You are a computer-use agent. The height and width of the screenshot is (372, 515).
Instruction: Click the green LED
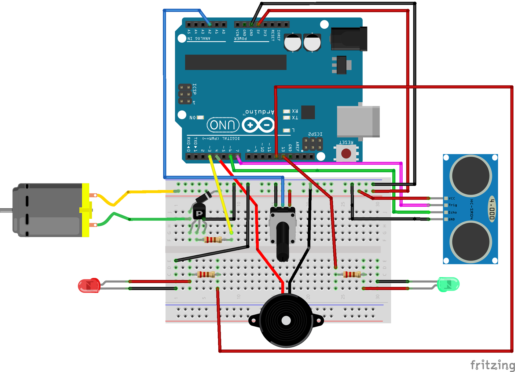click(x=448, y=284)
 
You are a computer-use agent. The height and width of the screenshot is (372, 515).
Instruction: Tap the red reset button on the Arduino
click(x=346, y=154)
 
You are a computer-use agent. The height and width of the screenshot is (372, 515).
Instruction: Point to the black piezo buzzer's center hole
click(x=286, y=321)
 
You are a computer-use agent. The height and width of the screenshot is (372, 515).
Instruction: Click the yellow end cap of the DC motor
click(x=86, y=210)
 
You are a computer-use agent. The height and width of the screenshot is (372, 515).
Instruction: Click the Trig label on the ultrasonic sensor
click(x=453, y=205)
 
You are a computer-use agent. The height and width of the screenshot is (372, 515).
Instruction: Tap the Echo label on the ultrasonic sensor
click(x=453, y=212)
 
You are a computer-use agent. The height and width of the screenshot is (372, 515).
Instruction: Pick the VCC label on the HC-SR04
click(x=452, y=198)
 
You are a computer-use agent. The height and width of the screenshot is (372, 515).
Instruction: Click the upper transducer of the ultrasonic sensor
click(x=470, y=176)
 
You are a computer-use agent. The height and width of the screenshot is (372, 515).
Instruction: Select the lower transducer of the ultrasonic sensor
click(x=470, y=242)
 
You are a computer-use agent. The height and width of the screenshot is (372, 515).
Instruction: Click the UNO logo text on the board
click(x=223, y=125)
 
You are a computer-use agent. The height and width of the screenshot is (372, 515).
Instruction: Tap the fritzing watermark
click(x=492, y=365)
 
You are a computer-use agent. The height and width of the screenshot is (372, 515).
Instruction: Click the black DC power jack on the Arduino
click(x=349, y=39)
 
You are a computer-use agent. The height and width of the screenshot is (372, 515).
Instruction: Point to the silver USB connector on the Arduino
click(x=358, y=121)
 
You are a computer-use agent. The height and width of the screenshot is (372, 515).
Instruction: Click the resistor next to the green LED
click(x=352, y=274)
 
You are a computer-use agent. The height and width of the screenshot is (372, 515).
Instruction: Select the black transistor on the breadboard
click(x=199, y=212)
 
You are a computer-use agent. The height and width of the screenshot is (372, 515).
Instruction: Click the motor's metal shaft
click(x=6, y=210)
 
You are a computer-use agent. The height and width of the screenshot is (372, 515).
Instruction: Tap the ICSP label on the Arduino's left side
click(x=194, y=89)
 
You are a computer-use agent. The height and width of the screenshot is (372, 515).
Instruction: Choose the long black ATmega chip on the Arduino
click(x=236, y=62)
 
